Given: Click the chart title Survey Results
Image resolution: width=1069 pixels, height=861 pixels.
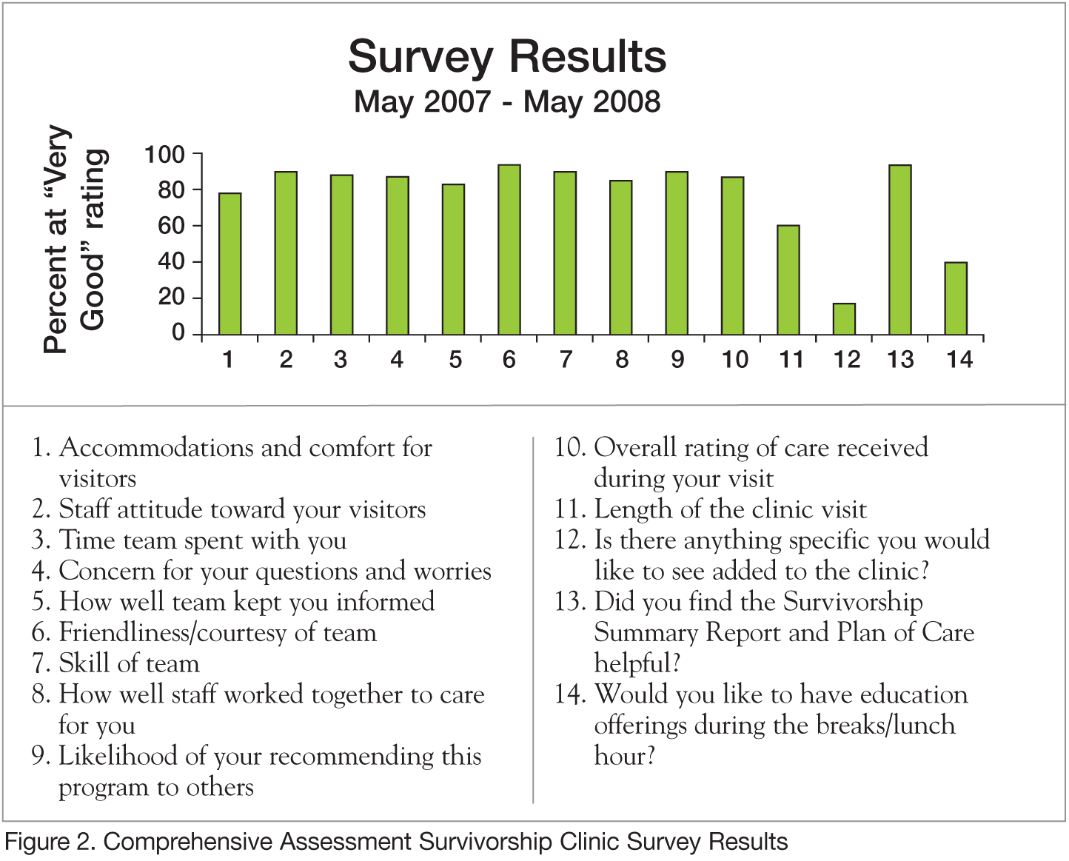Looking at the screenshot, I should [x=507, y=56].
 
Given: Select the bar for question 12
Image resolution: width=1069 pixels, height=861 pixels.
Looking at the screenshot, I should [x=844, y=319].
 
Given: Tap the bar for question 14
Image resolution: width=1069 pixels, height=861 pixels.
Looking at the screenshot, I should [x=956, y=298].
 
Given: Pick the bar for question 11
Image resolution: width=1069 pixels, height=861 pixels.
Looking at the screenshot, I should [x=788, y=280].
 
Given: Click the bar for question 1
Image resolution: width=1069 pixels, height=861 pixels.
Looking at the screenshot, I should [x=230, y=264].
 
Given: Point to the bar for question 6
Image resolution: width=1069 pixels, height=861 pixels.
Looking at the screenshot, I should [x=509, y=249].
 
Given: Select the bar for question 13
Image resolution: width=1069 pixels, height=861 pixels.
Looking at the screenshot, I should [x=900, y=249].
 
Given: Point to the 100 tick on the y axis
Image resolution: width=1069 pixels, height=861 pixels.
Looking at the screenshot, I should [x=164, y=154].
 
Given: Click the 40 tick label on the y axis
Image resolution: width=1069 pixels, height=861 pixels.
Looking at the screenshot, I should [x=171, y=261].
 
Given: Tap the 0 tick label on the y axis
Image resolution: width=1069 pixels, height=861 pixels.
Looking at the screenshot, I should [x=178, y=333].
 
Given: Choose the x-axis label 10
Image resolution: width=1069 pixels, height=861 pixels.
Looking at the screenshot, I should [x=734, y=360].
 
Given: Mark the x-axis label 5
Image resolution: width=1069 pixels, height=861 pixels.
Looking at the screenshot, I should [x=455, y=360].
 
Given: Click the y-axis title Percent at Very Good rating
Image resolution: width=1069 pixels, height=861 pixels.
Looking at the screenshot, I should [x=75, y=238].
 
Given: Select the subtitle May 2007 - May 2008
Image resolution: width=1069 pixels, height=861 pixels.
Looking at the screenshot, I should [x=507, y=101].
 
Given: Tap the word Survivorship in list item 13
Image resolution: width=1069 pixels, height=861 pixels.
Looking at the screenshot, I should [x=853, y=601].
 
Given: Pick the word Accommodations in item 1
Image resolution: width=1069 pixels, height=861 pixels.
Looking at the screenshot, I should [x=157, y=447].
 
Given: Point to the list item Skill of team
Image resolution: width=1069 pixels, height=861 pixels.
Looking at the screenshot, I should [x=129, y=663].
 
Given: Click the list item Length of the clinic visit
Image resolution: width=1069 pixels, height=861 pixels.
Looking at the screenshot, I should [x=730, y=509].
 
